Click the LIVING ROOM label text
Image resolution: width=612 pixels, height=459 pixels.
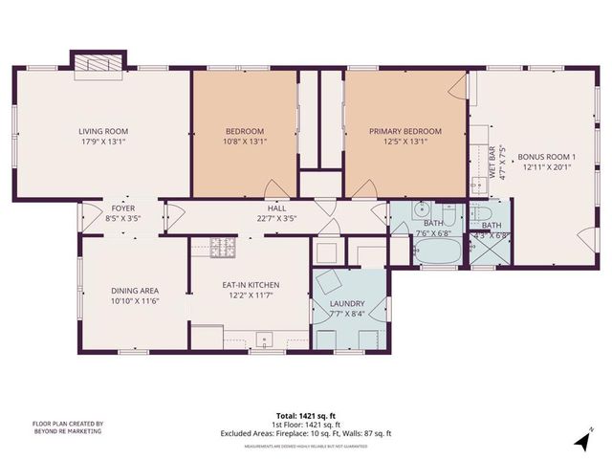tap(103, 132)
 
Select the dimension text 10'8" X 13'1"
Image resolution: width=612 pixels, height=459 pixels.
tap(245, 142)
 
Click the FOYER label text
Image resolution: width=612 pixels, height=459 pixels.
tap(122, 208)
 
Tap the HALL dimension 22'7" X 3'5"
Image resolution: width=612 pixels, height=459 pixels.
tap(276, 217)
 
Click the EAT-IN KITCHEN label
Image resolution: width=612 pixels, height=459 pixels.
tap(250, 284)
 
